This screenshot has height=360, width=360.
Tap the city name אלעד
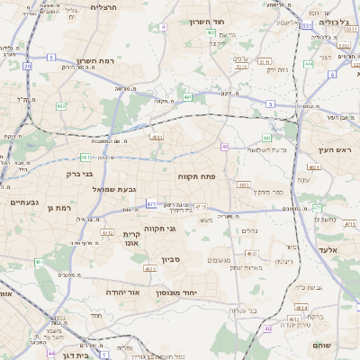coord(328,248)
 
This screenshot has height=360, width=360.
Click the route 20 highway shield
coord(28,66)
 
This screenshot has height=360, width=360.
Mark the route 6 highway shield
coord(331,74)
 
